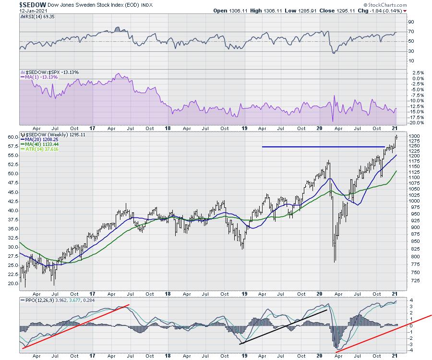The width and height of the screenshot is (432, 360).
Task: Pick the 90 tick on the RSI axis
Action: (x=411, y=22)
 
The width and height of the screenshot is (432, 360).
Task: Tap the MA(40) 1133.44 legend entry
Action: (x=39, y=144)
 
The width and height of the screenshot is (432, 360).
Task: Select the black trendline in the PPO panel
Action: (x=283, y=326)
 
